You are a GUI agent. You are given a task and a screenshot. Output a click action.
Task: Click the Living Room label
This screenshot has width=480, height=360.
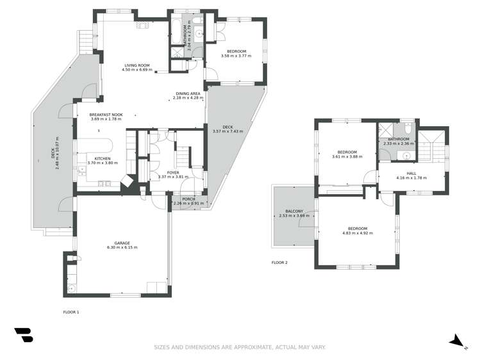(x=137, y=65)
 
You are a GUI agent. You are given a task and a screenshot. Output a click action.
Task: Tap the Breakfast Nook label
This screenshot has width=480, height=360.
(x=106, y=114)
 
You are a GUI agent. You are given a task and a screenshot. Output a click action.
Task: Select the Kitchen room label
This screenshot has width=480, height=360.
(x=103, y=158)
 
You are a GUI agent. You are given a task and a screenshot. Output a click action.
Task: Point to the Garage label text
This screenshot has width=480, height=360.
(x=122, y=243)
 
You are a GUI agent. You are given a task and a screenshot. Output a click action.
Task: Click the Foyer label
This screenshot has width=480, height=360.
(x=173, y=172)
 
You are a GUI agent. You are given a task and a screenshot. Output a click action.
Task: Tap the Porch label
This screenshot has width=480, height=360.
(x=188, y=199)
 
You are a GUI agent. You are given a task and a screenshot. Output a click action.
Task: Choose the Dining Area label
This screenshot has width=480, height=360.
(x=188, y=94)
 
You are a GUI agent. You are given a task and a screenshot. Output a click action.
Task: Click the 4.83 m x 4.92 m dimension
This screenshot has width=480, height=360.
(x=357, y=233)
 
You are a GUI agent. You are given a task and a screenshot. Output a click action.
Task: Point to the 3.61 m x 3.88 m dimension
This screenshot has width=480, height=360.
(x=347, y=156)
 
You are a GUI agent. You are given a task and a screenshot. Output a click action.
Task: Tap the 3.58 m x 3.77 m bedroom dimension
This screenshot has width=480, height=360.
(x=236, y=56)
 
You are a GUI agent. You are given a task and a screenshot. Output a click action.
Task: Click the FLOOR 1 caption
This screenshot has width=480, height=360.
(x=70, y=312)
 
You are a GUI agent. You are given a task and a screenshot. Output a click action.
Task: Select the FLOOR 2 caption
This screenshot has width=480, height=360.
(x=279, y=263)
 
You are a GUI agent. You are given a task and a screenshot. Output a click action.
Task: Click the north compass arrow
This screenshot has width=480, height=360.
(x=456, y=341)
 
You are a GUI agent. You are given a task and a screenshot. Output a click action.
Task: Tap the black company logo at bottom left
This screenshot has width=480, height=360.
(x=23, y=335)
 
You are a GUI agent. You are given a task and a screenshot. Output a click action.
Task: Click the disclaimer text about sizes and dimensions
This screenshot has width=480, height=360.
(x=240, y=347)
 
